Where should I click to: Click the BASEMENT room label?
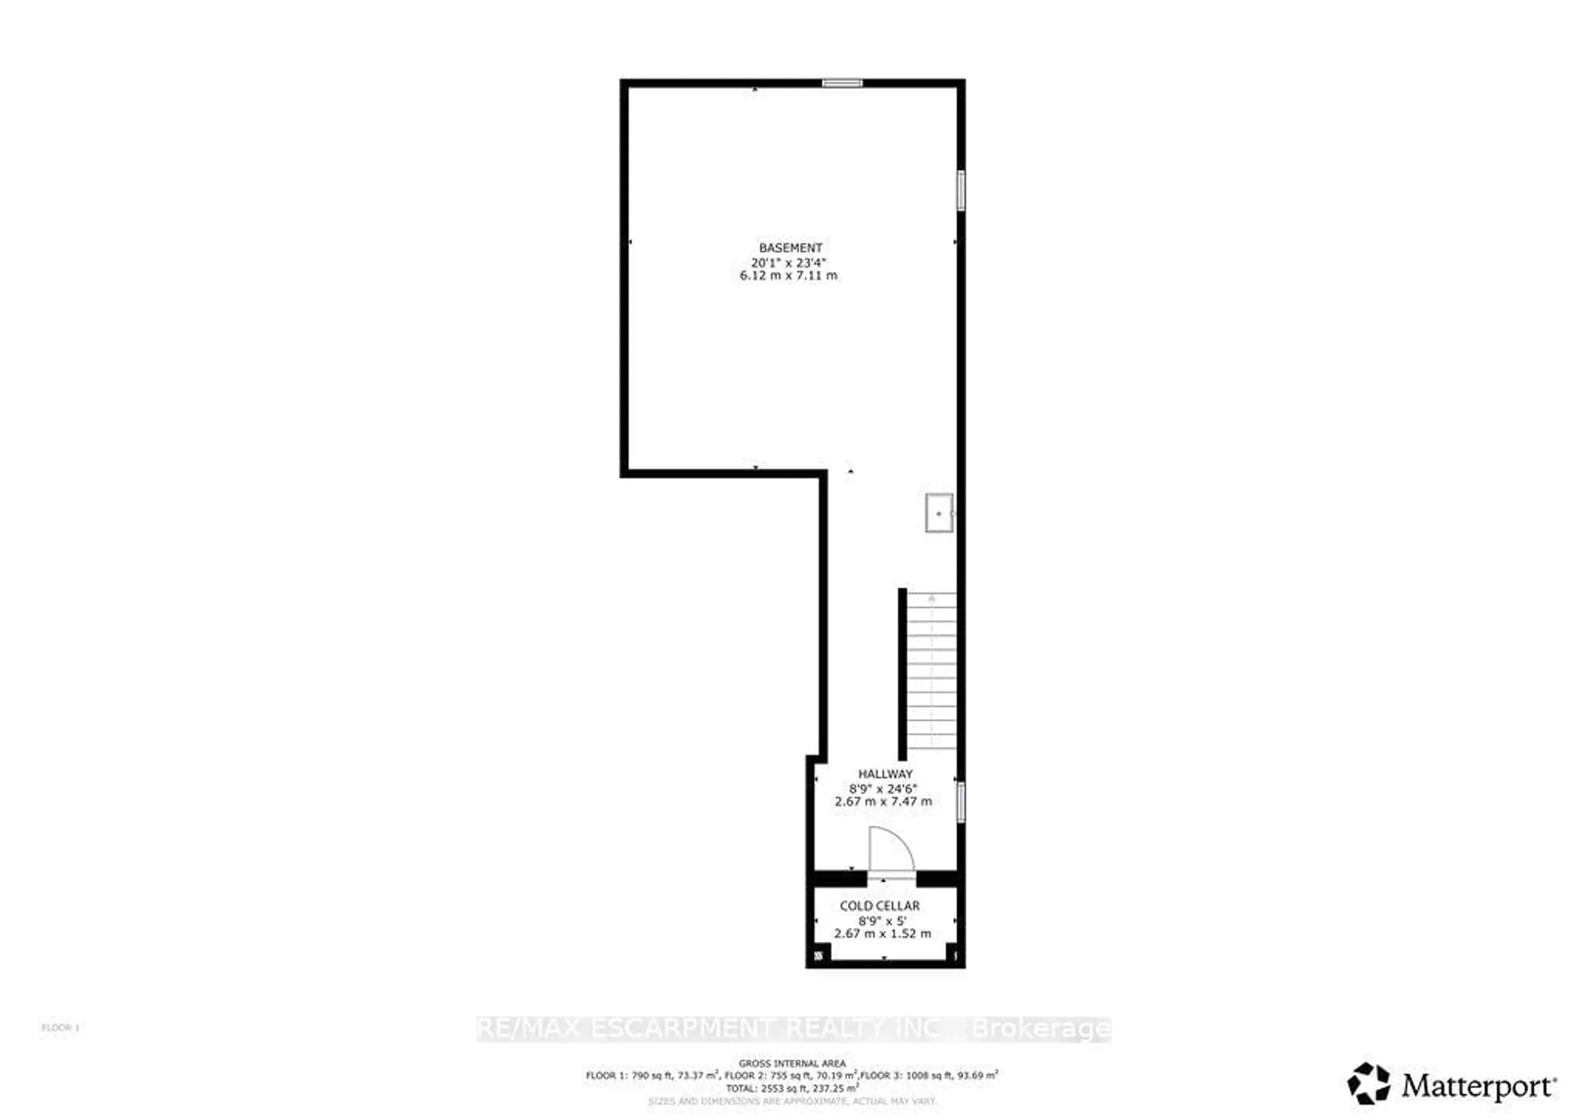tap(790, 248)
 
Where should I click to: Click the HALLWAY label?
tap(885, 774)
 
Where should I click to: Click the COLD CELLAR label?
tap(880, 906)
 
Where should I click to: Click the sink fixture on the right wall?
tap(939, 513)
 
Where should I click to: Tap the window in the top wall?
tap(842, 83)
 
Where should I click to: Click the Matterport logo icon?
tap(1369, 1083)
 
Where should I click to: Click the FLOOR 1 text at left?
tap(61, 1028)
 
